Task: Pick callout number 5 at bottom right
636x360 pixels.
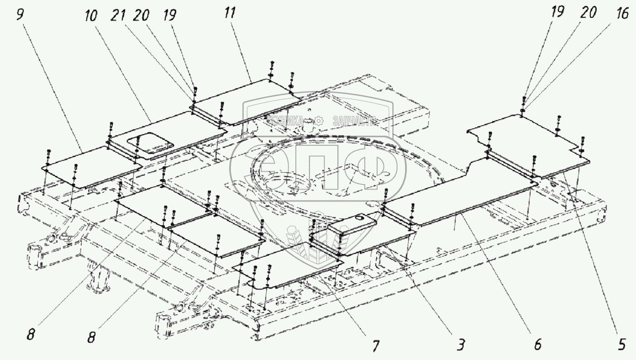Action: point(621,344)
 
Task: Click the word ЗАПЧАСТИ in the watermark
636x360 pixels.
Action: point(354,121)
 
